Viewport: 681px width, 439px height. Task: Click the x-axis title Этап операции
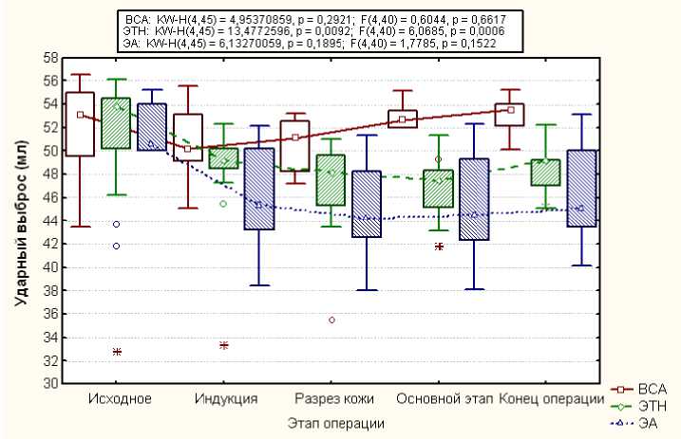(x=336, y=420)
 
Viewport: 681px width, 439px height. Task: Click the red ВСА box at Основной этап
(x=402, y=119)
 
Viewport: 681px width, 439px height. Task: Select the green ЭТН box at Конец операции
(x=545, y=172)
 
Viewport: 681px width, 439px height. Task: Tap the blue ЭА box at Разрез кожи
(x=366, y=204)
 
